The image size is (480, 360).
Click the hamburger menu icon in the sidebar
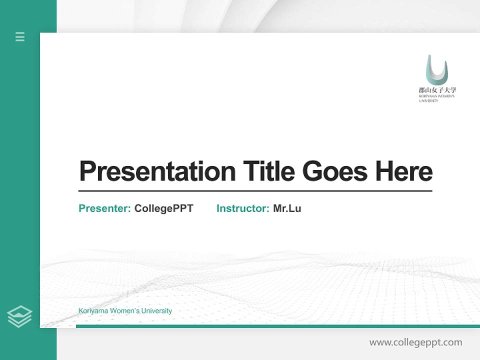tap(20, 36)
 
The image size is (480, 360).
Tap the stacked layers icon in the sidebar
tap(19, 316)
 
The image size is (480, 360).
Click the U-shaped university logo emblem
tap(436, 70)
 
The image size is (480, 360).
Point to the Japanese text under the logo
tap(437, 90)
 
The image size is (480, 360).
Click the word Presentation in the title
tap(157, 171)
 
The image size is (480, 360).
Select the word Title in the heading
tap(269, 171)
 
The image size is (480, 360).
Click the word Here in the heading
tap(404, 171)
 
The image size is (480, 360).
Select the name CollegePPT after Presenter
tap(163, 208)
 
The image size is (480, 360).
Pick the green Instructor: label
tap(243, 208)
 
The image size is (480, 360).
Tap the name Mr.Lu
tap(287, 208)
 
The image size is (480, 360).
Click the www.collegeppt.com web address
tap(415, 342)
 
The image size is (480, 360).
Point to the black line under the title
tap(255, 190)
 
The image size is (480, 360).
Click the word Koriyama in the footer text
tap(93, 310)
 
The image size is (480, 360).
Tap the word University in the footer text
tap(156, 310)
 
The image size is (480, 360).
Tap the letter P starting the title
tap(87, 171)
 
